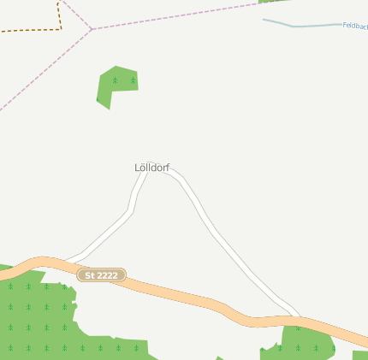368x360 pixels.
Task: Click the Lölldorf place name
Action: (x=152, y=168)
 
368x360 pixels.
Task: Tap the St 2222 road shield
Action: (x=102, y=274)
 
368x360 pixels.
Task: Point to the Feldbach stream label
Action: (x=355, y=26)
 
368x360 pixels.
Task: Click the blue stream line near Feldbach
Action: (x=300, y=26)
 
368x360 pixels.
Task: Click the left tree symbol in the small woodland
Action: (x=115, y=80)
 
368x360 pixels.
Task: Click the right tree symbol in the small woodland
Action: (x=133, y=80)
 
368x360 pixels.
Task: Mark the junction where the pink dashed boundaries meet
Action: (x=92, y=30)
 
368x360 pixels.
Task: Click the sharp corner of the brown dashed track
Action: (x=62, y=29)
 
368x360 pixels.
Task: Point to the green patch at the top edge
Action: (x=272, y=2)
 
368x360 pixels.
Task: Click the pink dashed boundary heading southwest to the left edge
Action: (x=43, y=72)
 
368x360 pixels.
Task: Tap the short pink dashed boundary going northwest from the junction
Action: (x=77, y=15)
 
